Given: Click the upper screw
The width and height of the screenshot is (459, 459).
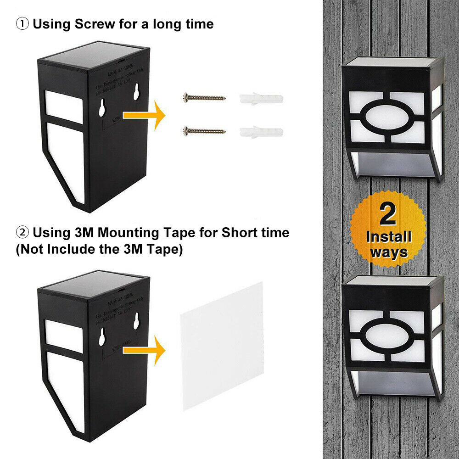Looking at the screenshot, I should pyautogui.click(x=204, y=97).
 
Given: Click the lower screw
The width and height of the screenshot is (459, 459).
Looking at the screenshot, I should pyautogui.click(x=204, y=131).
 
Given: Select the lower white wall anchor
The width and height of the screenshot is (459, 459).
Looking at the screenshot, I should pyautogui.click(x=261, y=132).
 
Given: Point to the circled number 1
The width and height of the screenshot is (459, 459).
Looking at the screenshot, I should pyautogui.click(x=22, y=24).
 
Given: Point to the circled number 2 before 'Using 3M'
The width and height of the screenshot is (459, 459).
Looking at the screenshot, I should pyautogui.click(x=22, y=232).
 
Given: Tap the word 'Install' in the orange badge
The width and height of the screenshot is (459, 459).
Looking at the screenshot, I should pyautogui.click(x=388, y=237).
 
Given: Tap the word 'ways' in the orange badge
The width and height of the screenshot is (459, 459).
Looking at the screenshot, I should pyautogui.click(x=389, y=252).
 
